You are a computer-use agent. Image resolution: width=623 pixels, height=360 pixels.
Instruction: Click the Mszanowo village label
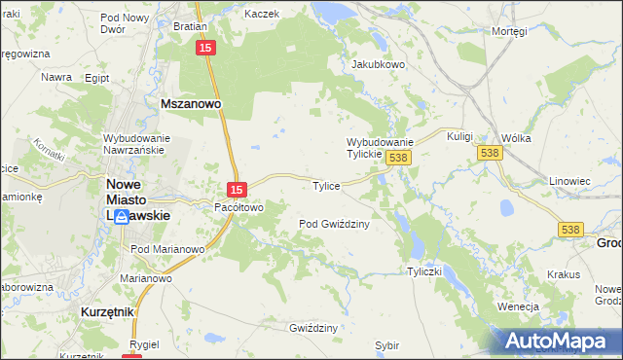pyautogui.click(x=191, y=101)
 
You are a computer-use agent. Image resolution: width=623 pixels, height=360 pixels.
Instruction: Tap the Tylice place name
pyautogui.click(x=325, y=186)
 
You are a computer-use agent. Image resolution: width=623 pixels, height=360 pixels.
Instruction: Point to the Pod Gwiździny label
pyautogui.click(x=333, y=224)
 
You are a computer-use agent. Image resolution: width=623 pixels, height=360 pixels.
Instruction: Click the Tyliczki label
pyautogui.click(x=426, y=271)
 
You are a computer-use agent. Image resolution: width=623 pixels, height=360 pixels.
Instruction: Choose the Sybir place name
pyautogui.click(x=387, y=345)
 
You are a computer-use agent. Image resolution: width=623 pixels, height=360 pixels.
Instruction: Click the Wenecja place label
pyautogui.click(x=518, y=306)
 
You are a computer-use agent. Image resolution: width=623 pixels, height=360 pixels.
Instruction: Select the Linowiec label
pyautogui.click(x=570, y=182)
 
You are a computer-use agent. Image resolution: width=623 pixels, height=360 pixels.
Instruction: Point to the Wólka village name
pyautogui.click(x=516, y=138)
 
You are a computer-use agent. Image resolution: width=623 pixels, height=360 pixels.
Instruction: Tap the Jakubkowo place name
pyautogui.click(x=378, y=65)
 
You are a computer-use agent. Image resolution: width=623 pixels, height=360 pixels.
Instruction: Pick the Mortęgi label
pyautogui.click(x=509, y=31)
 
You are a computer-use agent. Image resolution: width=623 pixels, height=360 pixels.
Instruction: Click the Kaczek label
pyautogui.click(x=262, y=14)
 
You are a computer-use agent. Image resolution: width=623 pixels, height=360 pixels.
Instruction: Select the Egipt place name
pyautogui.click(x=96, y=77)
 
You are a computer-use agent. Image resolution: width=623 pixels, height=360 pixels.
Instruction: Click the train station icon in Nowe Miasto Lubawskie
pyautogui.click(x=121, y=217)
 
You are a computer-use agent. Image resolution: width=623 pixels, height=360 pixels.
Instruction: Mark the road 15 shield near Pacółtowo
pyautogui.click(x=237, y=188)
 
